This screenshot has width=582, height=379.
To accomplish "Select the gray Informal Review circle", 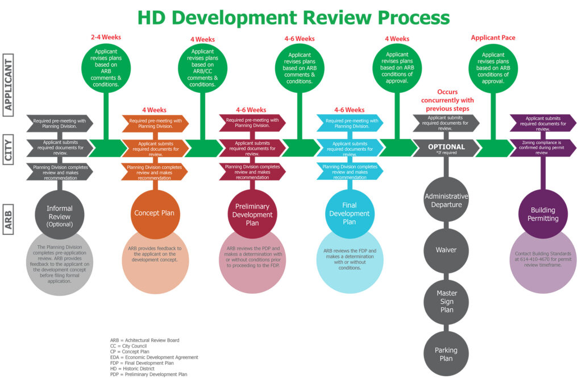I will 59,215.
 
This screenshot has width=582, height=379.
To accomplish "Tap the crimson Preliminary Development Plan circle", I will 252,214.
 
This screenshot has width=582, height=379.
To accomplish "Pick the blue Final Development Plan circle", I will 349,213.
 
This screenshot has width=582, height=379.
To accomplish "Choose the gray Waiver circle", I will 446,250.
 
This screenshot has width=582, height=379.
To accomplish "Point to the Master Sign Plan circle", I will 446,301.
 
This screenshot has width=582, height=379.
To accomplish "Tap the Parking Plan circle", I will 446,354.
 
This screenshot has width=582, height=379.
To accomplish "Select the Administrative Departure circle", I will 446,200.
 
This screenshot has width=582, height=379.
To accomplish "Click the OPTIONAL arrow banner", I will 446,147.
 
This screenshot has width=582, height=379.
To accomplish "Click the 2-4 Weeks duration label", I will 106,38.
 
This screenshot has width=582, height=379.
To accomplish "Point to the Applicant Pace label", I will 493,38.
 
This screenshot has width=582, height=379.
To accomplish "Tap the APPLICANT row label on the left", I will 9,85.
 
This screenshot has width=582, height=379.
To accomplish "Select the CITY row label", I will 9,149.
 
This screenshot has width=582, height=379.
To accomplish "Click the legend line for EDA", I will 154,357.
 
